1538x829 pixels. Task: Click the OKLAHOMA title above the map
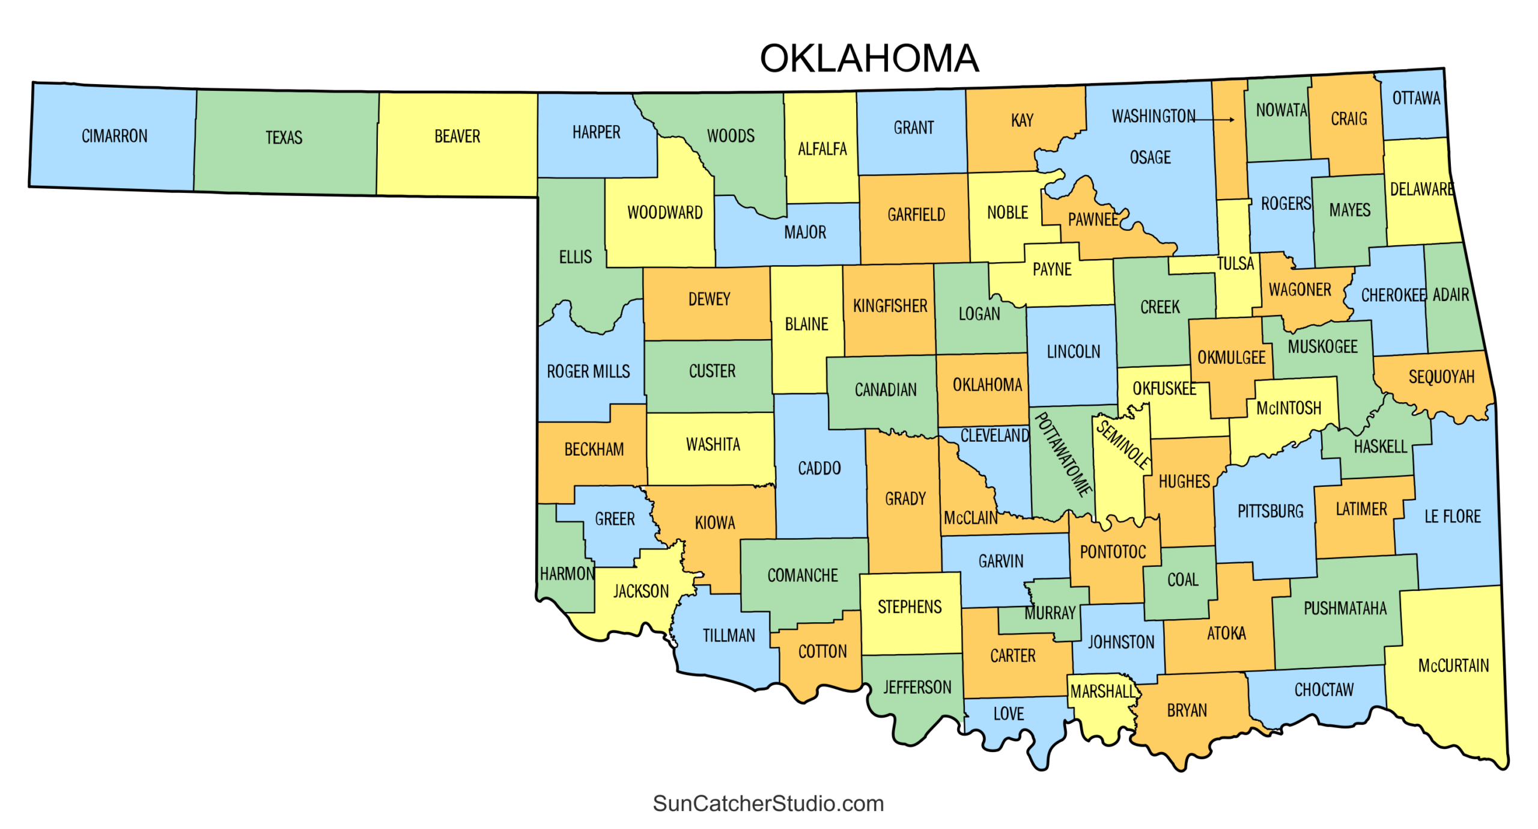[869, 58]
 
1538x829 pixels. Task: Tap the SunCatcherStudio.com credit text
[768, 803]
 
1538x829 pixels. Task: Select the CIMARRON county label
[115, 136]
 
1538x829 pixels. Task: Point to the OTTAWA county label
[1415, 98]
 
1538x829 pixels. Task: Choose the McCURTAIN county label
[1453, 665]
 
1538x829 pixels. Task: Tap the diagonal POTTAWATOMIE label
[1063, 454]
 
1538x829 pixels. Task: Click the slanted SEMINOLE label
[1122, 445]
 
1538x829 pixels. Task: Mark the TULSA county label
[1235, 263]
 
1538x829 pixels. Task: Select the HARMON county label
[567, 574]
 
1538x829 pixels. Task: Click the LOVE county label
[1008, 714]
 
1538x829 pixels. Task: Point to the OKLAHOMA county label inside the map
[987, 385]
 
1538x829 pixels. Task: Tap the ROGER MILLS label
[588, 372]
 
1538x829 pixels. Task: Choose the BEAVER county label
[457, 136]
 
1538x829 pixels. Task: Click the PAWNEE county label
[1092, 219]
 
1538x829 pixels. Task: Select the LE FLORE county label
[1452, 516]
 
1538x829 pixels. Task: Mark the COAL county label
[1182, 580]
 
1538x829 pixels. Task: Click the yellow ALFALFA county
[822, 148]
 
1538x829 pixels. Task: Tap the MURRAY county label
[1050, 613]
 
